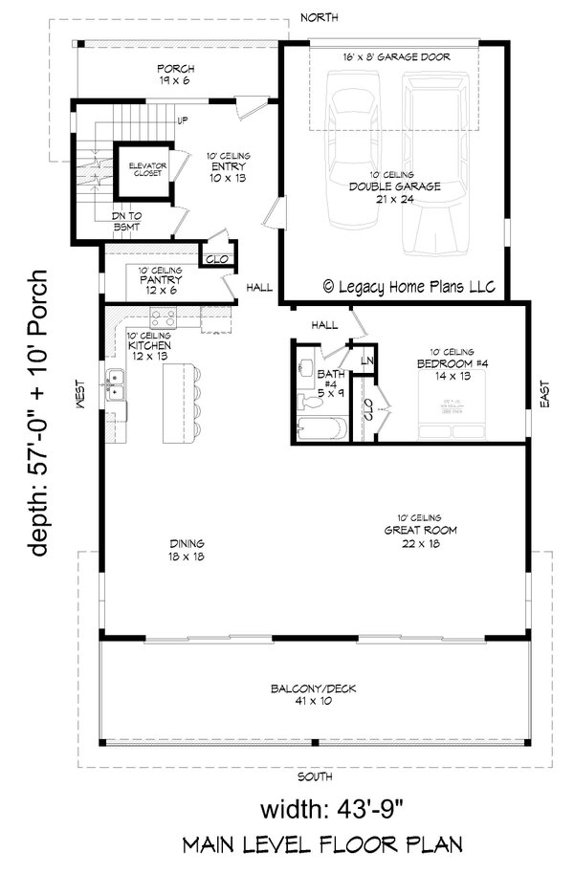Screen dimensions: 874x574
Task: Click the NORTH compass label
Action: tap(319, 17)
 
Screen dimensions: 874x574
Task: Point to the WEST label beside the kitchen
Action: tap(83, 391)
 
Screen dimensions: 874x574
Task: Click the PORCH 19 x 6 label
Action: tap(178, 75)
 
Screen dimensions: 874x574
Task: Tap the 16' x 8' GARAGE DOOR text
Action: tap(396, 56)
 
